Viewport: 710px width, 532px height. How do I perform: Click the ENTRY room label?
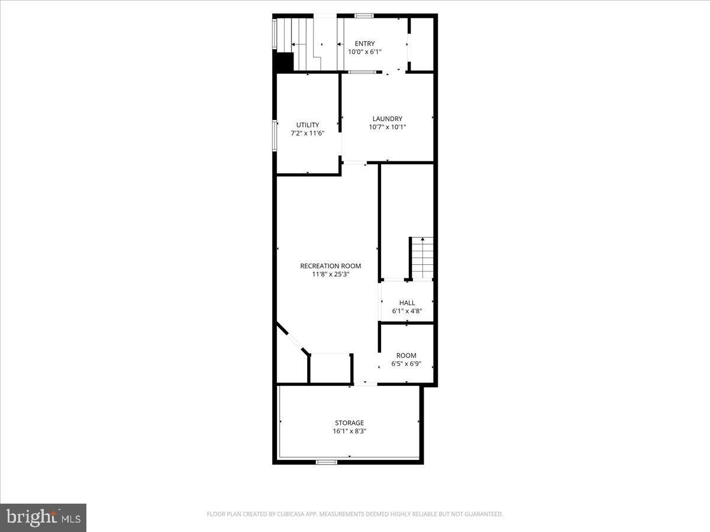pyautogui.click(x=364, y=44)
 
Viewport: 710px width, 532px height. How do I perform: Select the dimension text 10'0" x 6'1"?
pyautogui.click(x=364, y=52)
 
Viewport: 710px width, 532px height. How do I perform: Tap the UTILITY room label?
pyautogui.click(x=308, y=125)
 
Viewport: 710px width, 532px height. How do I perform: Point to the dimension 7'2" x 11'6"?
pyautogui.click(x=308, y=133)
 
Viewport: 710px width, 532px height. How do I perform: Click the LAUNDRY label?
pyautogui.click(x=388, y=118)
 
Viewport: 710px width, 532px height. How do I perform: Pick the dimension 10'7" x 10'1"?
pyautogui.click(x=388, y=126)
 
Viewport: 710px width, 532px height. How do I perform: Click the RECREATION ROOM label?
pyautogui.click(x=330, y=266)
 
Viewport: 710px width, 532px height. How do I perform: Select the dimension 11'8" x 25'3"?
pyautogui.click(x=330, y=274)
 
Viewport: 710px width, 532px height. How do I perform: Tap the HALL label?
pyautogui.click(x=407, y=303)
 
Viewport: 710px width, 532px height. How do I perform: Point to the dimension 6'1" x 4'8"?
pyautogui.click(x=407, y=311)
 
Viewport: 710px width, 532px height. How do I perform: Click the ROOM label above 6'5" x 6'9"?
pyautogui.click(x=406, y=356)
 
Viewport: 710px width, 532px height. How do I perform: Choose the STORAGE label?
pyautogui.click(x=349, y=423)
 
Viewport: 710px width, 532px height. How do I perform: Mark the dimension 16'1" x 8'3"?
pyautogui.click(x=349, y=431)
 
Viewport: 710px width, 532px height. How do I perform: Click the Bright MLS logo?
pyautogui.click(x=43, y=517)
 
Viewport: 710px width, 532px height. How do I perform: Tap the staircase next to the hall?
pyautogui.click(x=422, y=258)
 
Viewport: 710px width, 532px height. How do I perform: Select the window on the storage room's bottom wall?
pyautogui.click(x=326, y=462)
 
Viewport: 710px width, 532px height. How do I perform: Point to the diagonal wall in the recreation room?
pyautogui.click(x=292, y=339)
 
